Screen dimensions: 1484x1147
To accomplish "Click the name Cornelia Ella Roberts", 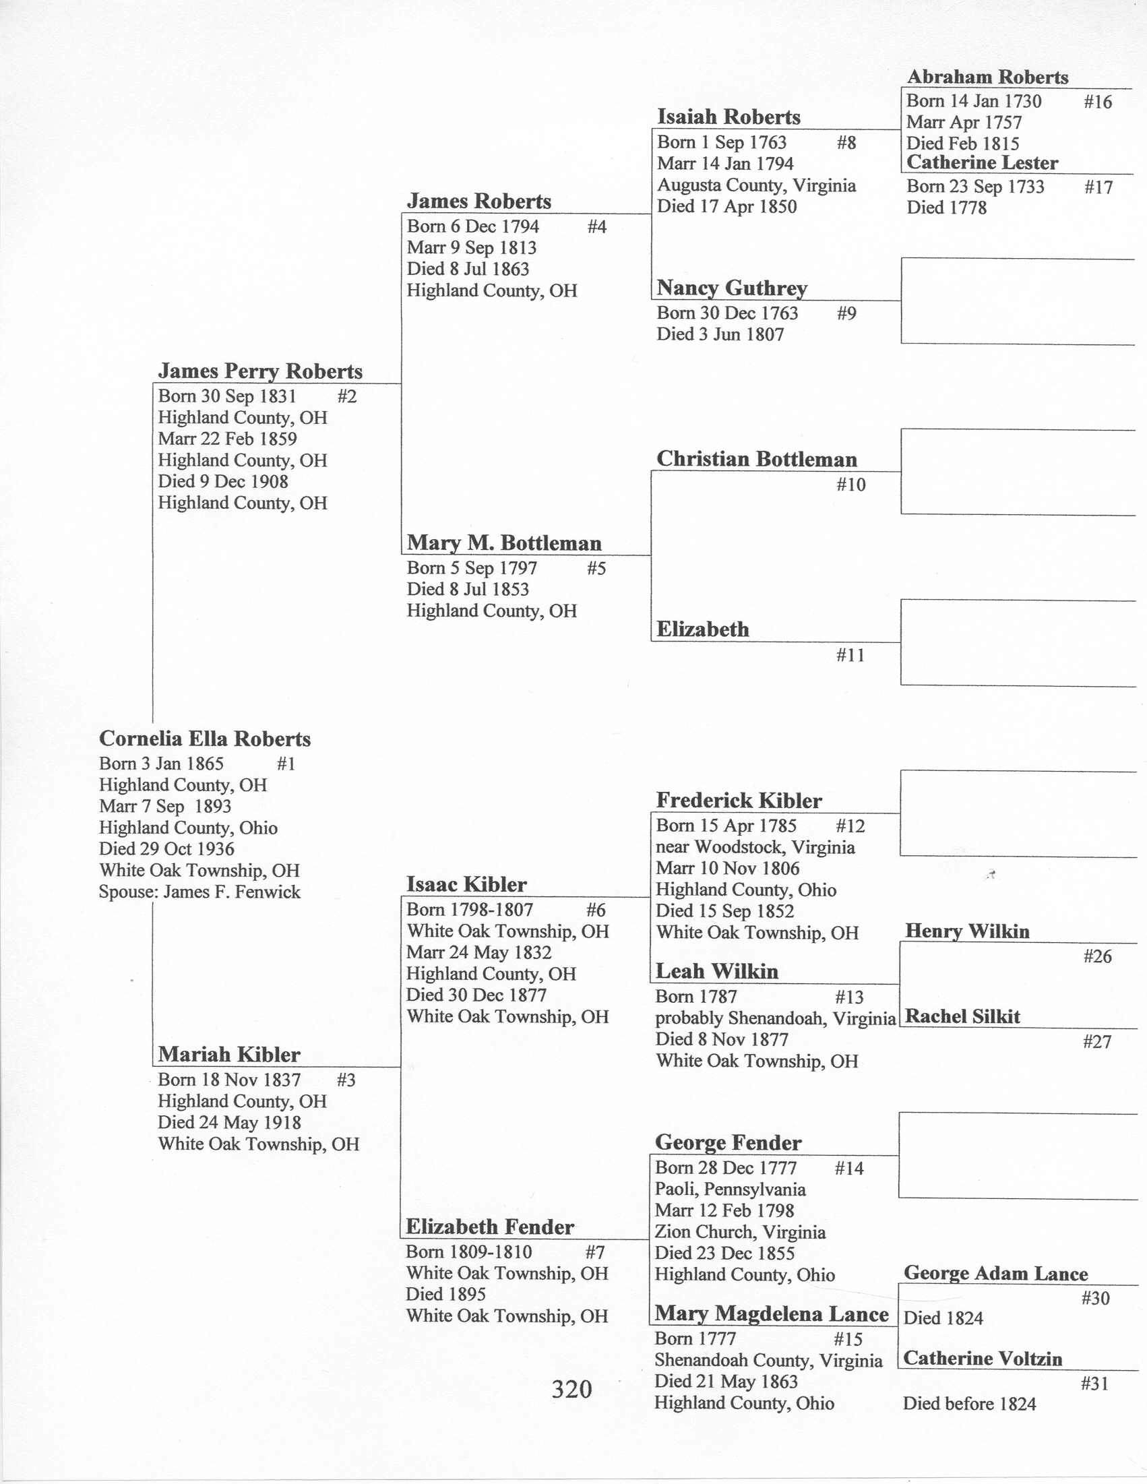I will [x=204, y=739].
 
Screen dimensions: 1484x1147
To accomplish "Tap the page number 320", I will [x=571, y=1389].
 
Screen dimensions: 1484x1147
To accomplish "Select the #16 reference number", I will [x=1097, y=102].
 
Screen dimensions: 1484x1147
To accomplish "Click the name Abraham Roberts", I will [x=987, y=77].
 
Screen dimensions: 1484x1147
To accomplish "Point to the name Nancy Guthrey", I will [x=732, y=288].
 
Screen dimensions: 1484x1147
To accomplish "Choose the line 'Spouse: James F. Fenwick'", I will [x=199, y=892].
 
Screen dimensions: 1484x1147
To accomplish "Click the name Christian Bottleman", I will [x=756, y=460].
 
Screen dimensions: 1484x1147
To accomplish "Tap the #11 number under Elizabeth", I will [x=850, y=655].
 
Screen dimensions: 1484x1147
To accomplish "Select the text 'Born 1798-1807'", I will [x=470, y=910].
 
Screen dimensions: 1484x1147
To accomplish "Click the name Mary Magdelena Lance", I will [x=771, y=1313].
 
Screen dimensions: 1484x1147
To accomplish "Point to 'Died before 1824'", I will [x=969, y=1403].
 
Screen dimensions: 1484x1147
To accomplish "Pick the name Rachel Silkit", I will [x=962, y=1016].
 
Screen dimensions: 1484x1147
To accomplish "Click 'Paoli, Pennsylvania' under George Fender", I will [x=730, y=1189].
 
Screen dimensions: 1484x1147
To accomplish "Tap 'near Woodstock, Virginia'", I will [x=755, y=847].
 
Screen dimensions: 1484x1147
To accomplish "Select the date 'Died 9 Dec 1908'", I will [x=223, y=481].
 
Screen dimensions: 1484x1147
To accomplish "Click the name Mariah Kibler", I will [x=229, y=1055].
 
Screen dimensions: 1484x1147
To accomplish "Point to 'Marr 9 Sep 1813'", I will [x=472, y=247].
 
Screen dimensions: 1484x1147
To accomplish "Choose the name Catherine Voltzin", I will [x=983, y=1358].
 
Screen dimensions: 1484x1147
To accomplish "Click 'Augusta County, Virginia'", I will [x=756, y=185].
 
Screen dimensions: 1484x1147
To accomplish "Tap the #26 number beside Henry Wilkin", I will [x=1097, y=957].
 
